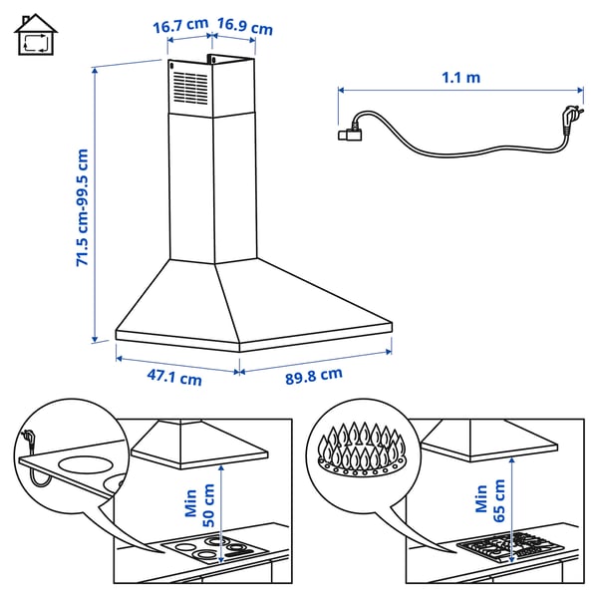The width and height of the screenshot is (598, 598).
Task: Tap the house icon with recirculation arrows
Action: click(36, 37)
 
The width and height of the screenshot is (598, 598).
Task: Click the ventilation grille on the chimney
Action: click(188, 87)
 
